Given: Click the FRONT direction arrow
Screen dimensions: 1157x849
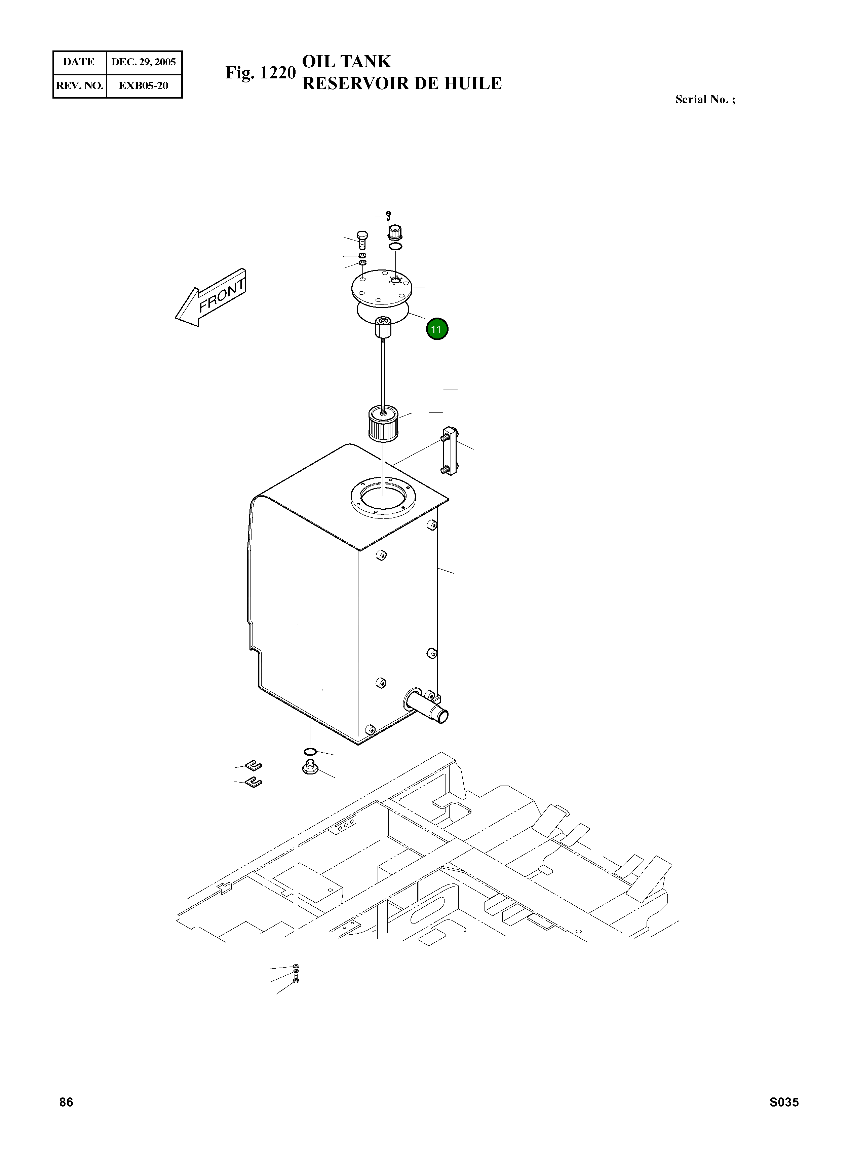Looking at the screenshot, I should coord(212,298).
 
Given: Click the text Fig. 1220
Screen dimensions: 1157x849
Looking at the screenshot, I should coord(261,73).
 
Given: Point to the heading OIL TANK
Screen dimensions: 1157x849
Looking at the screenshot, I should coord(346,62).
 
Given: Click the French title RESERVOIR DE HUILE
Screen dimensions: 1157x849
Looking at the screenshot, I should coord(401,83).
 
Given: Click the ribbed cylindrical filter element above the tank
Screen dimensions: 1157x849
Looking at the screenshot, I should coord(383,424).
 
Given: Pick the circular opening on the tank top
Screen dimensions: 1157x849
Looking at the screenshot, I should coord(383,495).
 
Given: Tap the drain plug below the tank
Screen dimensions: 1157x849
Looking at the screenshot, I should coord(310,768).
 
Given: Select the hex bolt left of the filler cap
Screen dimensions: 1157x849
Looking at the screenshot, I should coord(362,239).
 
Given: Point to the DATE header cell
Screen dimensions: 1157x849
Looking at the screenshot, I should coord(79,62).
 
